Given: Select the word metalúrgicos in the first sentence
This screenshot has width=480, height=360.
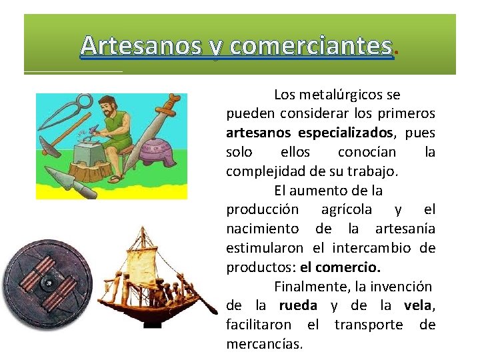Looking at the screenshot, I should point(341,95).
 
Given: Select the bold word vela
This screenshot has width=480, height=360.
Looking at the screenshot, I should point(418,305).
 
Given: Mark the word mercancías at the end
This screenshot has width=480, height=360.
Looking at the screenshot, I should point(264,344).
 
